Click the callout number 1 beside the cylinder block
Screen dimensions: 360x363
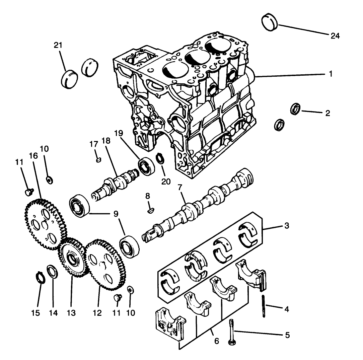[x=330, y=74]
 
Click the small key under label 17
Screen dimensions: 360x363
[x=98, y=160]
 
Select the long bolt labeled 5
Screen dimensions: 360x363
[x=231, y=332]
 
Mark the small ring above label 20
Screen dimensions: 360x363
[x=160, y=158]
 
